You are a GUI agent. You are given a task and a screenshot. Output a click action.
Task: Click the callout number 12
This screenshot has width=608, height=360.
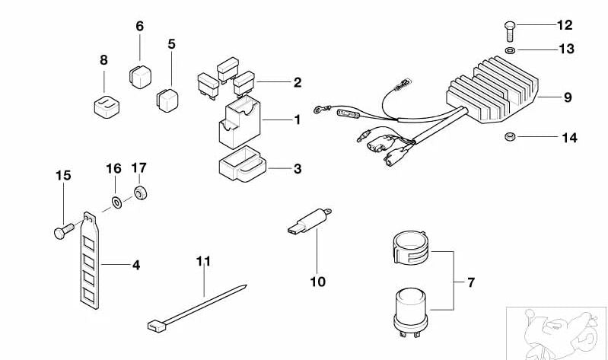point(564,25)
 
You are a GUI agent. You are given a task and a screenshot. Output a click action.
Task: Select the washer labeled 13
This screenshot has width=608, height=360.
point(508,51)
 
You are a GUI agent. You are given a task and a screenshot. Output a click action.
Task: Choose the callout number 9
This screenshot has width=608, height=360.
point(567,97)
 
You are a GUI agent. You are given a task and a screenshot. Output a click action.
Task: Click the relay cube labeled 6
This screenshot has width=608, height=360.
point(139,74)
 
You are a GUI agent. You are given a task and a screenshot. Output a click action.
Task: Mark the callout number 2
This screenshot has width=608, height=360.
point(297,82)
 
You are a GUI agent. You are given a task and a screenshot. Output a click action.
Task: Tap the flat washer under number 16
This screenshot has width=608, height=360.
point(115,202)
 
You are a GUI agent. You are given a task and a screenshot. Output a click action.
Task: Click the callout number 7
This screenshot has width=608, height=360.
point(470,283)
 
